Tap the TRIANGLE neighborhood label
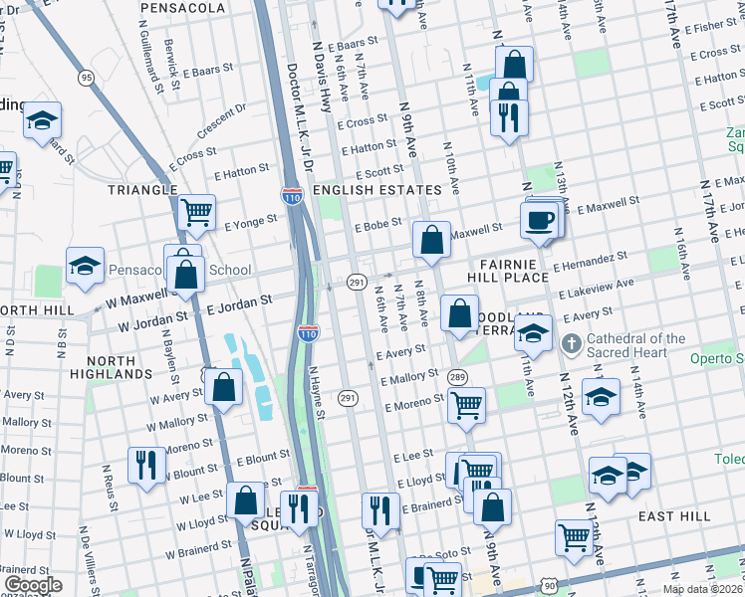(x=143, y=189)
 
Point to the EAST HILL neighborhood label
(x=674, y=516)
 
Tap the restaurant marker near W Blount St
(x=146, y=465)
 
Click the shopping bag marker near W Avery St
(x=225, y=389)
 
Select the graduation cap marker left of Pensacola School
(x=86, y=266)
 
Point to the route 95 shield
(x=86, y=78)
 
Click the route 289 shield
(x=457, y=377)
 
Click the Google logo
(x=33, y=585)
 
